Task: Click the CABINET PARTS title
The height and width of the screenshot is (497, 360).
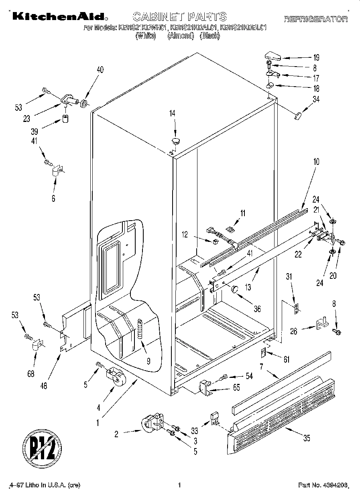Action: click(179, 16)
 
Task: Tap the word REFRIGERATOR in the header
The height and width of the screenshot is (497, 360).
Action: click(316, 19)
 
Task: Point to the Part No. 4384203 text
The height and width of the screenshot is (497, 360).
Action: click(323, 485)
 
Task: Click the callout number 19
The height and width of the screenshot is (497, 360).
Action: click(316, 57)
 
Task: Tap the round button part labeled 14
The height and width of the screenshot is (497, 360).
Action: click(176, 140)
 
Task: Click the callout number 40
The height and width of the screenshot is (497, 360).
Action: click(100, 70)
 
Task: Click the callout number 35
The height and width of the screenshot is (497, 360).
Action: click(307, 438)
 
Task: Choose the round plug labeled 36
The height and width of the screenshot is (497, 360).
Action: click(235, 288)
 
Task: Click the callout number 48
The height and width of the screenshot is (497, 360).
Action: click(44, 386)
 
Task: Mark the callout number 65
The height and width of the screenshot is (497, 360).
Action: click(237, 388)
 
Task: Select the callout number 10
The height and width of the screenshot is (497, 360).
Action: click(316, 162)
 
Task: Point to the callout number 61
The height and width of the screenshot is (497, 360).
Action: click(286, 359)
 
